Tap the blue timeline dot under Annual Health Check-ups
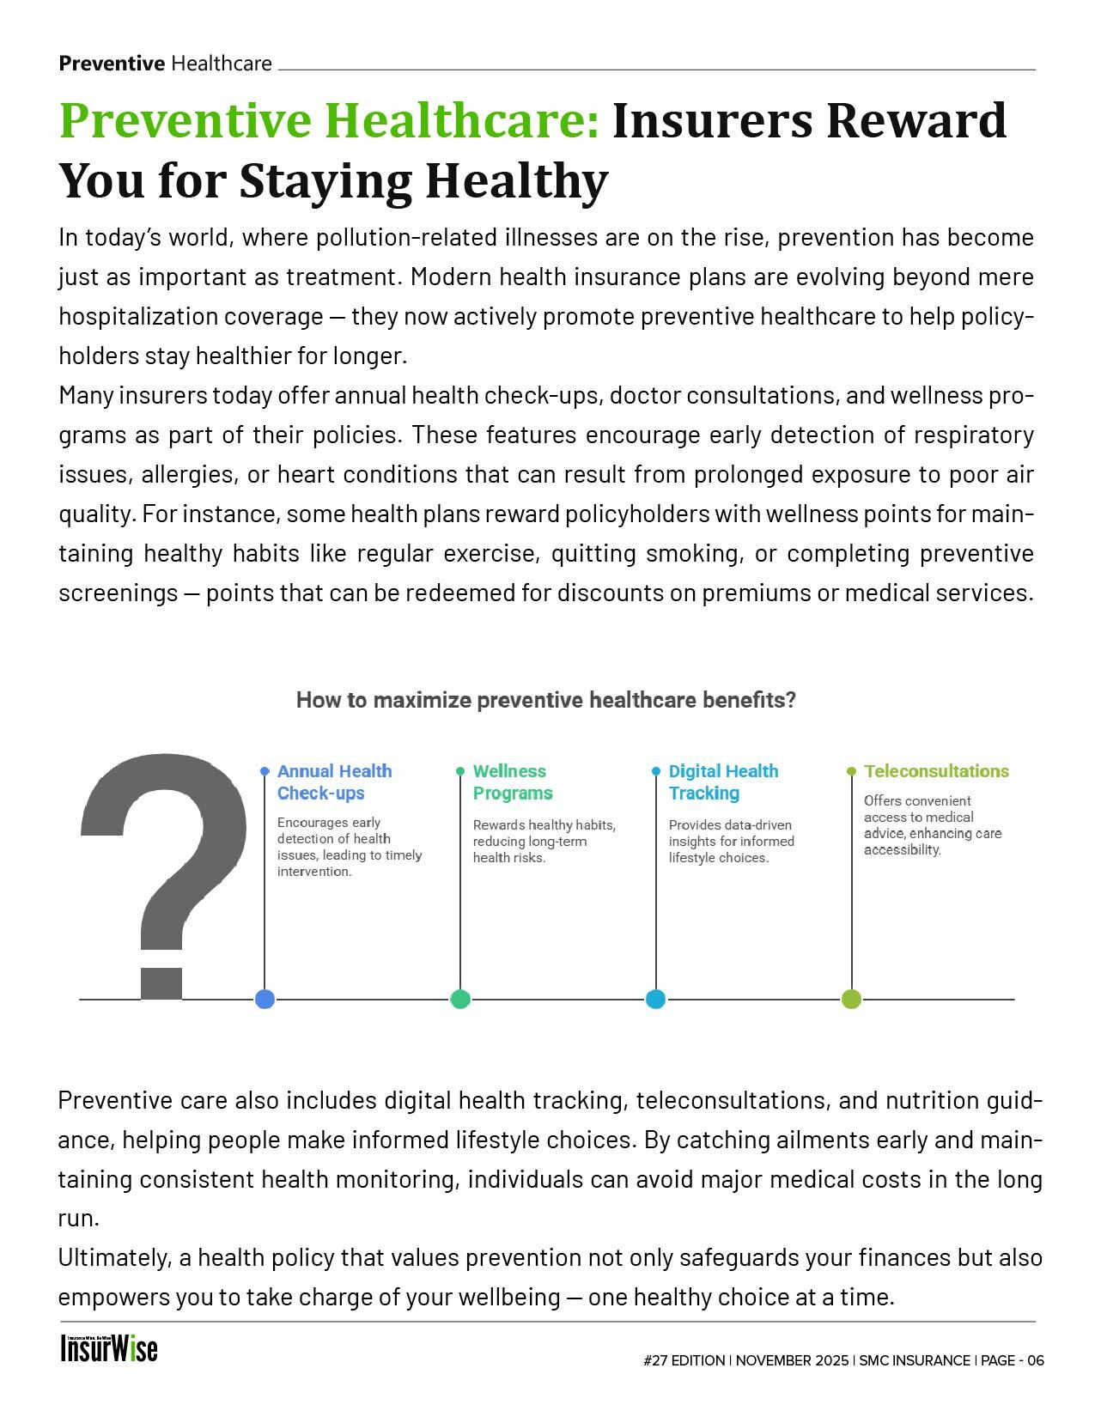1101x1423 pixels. (x=265, y=999)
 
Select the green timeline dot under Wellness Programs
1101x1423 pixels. (x=460, y=999)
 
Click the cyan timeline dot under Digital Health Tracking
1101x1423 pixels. (x=655, y=999)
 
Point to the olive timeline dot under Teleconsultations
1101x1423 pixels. (x=851, y=999)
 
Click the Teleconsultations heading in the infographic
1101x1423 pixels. (x=936, y=771)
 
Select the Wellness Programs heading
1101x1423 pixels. (x=513, y=781)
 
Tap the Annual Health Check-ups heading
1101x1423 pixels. (x=334, y=781)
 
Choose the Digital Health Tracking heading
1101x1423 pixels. (x=723, y=781)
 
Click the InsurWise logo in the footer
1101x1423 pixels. (x=109, y=1348)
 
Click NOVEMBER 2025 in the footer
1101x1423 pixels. (x=792, y=1360)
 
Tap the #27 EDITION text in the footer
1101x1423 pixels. (x=684, y=1360)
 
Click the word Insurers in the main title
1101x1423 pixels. (x=712, y=120)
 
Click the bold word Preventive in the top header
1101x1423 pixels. (x=112, y=63)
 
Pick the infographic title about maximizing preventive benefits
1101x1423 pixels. (x=546, y=700)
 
